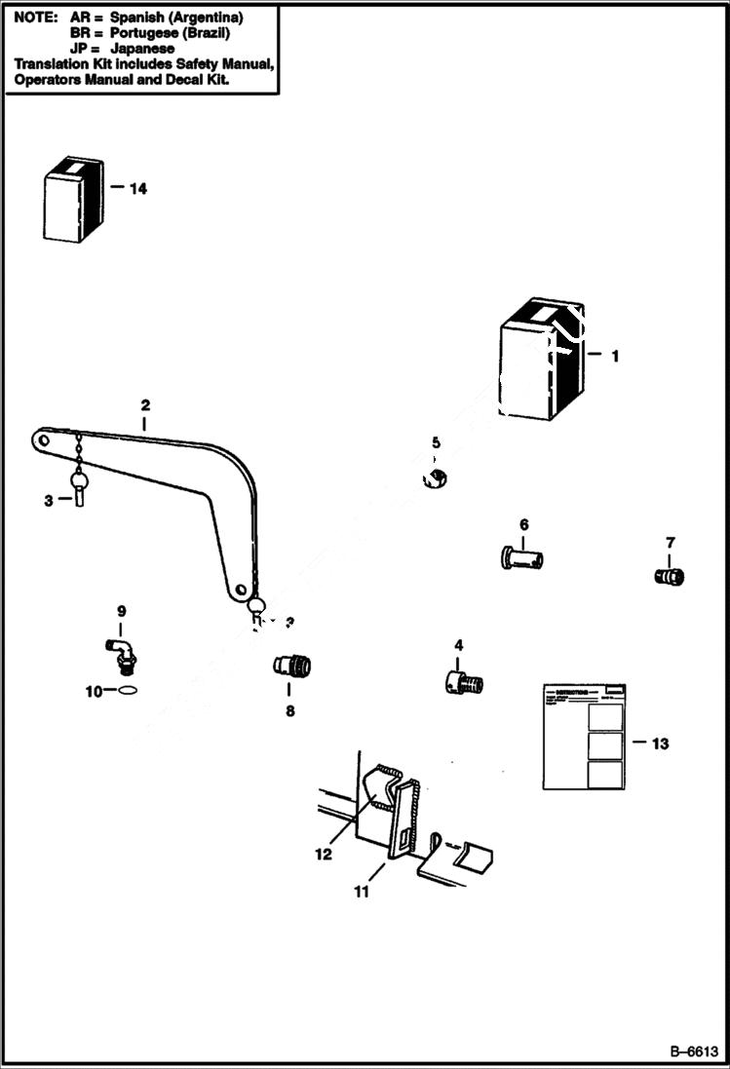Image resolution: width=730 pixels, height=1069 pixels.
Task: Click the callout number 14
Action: tap(137, 188)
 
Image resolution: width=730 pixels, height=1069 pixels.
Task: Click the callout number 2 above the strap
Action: tap(144, 404)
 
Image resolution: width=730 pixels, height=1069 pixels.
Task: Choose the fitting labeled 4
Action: tap(463, 682)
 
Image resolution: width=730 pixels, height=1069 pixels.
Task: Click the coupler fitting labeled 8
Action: tap(292, 668)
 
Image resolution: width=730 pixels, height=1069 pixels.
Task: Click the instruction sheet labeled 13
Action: tap(584, 736)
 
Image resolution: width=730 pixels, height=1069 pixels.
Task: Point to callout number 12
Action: tap(323, 854)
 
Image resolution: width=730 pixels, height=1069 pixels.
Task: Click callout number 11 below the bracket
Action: tap(362, 891)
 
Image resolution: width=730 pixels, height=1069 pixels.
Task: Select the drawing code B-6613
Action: tap(693, 1051)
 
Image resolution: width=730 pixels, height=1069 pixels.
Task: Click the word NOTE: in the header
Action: tap(35, 18)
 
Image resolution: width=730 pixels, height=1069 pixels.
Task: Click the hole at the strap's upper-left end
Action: tap(43, 440)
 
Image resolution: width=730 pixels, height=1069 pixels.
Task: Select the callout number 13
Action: tap(659, 744)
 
